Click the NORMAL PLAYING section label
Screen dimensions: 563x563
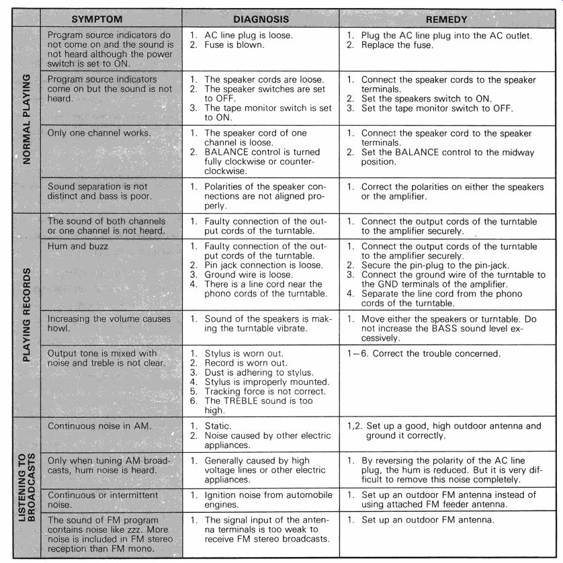pyautogui.click(x=26, y=119)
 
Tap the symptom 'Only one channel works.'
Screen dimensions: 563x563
pyautogui.click(x=99, y=132)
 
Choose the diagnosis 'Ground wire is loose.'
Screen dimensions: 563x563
pyautogui.click(x=248, y=274)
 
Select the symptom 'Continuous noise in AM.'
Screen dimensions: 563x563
pyautogui.click(x=100, y=426)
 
